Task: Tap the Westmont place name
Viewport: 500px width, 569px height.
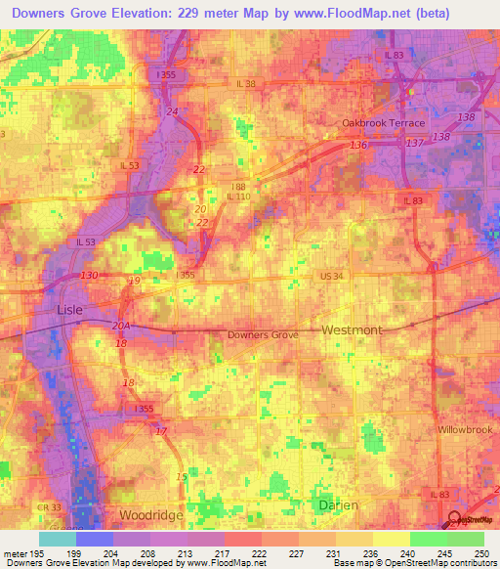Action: pos(352,330)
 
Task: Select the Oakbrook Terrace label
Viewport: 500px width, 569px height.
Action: pos(383,123)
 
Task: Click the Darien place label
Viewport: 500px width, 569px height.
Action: pos(338,504)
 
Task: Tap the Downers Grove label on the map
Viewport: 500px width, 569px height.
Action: pos(263,334)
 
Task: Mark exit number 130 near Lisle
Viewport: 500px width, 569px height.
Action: pos(90,276)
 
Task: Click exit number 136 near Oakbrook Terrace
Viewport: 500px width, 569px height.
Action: pos(358,146)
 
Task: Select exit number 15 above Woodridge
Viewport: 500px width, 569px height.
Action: pos(180,476)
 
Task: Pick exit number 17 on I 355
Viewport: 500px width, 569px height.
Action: pos(160,431)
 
